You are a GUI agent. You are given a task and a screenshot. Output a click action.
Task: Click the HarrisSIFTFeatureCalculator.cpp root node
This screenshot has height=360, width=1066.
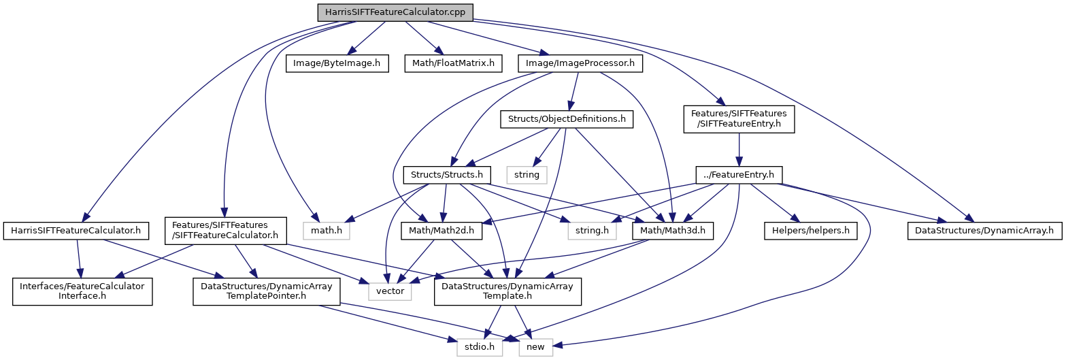(395, 12)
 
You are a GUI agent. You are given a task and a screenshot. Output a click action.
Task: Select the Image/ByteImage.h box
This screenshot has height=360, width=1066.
(331, 64)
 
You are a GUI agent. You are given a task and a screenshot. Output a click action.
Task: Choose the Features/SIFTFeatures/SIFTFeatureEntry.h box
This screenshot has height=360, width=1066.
(738, 119)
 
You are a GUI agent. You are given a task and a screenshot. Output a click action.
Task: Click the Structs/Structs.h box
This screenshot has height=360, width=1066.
(447, 175)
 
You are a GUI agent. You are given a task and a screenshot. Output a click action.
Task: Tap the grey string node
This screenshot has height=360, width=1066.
(527, 175)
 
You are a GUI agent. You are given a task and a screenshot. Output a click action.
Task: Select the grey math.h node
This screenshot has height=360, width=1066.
(322, 231)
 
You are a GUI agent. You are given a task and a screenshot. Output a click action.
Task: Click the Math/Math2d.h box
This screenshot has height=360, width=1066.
(442, 231)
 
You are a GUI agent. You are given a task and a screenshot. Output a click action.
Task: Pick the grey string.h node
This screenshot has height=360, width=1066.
(592, 231)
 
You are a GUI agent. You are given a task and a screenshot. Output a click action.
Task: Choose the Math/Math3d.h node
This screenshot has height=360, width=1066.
(673, 231)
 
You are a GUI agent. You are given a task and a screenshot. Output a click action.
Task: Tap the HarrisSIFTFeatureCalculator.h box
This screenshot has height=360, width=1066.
(76, 231)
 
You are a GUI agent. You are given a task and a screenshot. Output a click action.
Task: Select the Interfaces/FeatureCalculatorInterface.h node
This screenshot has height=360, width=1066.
(81, 291)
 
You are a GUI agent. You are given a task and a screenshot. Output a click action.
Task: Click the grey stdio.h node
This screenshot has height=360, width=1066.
(480, 347)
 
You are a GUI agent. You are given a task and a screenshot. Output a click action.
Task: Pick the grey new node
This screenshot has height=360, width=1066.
(536, 347)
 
